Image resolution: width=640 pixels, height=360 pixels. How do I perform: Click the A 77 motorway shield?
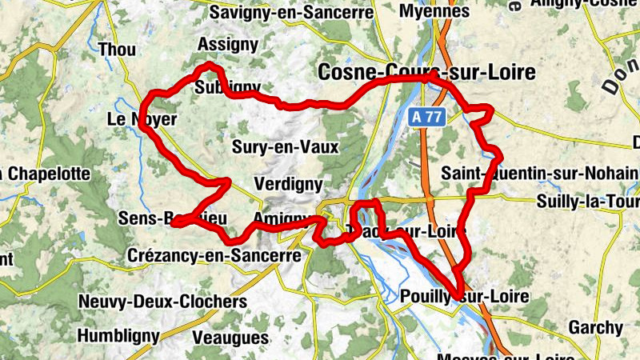(x=428, y=117)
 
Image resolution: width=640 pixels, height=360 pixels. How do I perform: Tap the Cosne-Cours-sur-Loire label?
(x=426, y=73)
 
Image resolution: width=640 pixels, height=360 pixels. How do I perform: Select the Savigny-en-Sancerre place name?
(x=292, y=13)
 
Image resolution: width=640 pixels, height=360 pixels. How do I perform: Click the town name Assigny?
(x=227, y=44)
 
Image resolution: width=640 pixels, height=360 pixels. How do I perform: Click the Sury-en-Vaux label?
(x=286, y=146)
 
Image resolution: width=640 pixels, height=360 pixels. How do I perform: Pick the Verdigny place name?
(x=287, y=184)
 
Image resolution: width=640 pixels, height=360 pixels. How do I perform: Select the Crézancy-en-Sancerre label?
(x=214, y=255)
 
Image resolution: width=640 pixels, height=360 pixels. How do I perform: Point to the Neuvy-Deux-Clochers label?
(x=162, y=302)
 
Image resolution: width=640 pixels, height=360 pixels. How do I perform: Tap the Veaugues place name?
(x=230, y=337)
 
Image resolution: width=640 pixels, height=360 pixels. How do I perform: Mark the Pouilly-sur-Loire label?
(x=464, y=296)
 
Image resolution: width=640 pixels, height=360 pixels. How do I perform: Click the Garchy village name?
(x=595, y=327)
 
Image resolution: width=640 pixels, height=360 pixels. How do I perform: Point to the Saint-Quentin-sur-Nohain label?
(x=540, y=173)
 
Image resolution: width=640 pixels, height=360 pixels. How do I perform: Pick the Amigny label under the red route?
(x=281, y=218)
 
